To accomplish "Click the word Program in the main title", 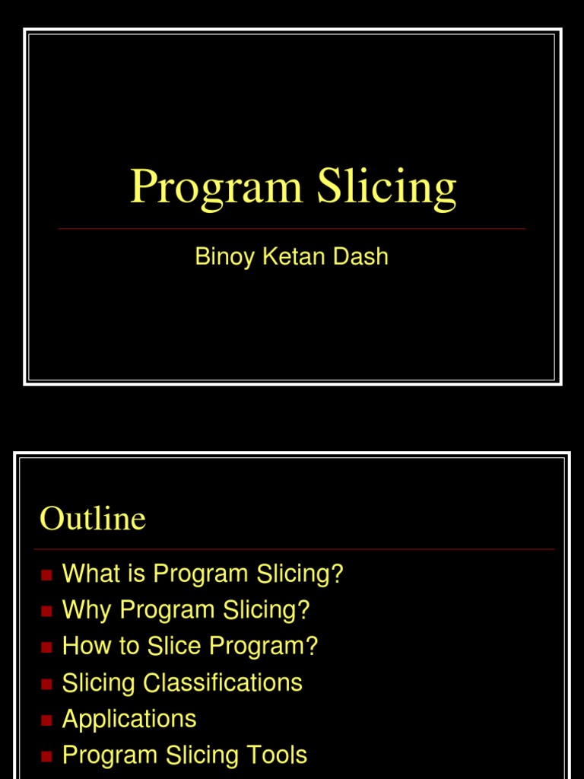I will point(217,187).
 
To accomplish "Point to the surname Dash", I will point(361,256).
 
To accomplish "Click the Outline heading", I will point(93,519).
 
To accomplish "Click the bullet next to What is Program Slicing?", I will point(46,575).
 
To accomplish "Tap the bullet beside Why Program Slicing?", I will point(46,611).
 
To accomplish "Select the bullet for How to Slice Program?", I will point(46,647).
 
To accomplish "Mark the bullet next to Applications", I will point(46,720).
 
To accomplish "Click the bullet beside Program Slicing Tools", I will point(46,756).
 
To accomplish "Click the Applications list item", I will point(129,719).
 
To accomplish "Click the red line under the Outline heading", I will point(294,548).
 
